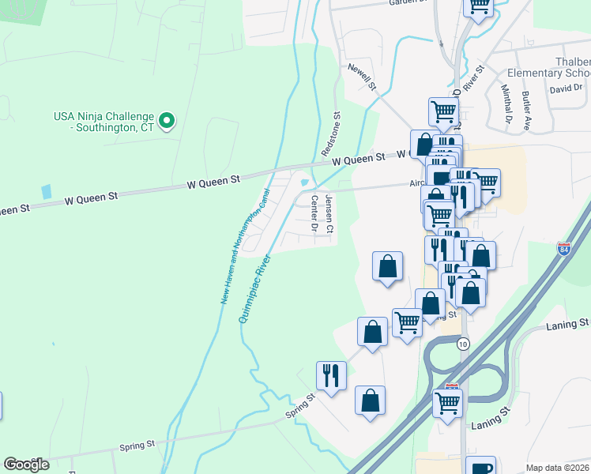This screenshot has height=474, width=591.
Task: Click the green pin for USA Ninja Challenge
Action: pos(167,121)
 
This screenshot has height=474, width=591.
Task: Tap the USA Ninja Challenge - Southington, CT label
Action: pos(102,122)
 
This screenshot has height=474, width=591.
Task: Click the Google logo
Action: pos(27,465)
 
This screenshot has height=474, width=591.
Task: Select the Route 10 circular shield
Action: pos(463,343)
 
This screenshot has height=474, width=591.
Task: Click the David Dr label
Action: pos(566,88)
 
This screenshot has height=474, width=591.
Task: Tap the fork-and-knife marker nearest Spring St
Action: pos(331,375)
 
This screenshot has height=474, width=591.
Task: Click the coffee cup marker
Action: pos(480,467)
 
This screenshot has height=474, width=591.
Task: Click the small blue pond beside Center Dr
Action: pos(305,184)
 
